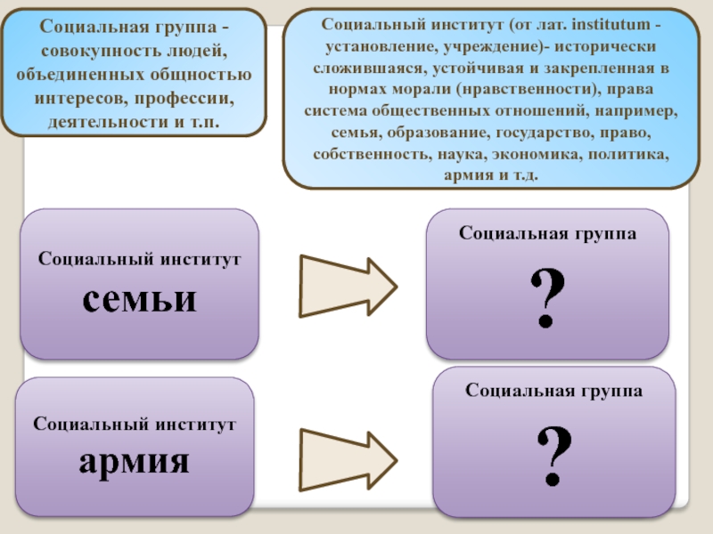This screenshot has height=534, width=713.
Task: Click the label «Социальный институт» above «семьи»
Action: (x=140, y=259)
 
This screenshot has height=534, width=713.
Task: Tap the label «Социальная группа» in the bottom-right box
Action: (x=554, y=391)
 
